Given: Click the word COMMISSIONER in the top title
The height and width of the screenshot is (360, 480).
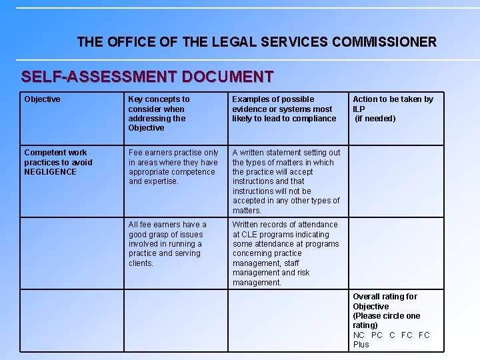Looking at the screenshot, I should coord(384,42).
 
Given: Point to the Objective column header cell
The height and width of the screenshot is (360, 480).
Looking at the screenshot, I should coord(43,99).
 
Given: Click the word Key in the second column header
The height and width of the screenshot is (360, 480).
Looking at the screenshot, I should coord(137,99).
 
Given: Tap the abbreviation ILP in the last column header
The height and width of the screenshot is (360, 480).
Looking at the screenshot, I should coord(359,109).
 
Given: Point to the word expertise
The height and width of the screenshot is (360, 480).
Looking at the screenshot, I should coord(162,181).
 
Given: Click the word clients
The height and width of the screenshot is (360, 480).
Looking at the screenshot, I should coord(141,263).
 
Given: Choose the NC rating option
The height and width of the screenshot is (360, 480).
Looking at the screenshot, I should coord(359,335).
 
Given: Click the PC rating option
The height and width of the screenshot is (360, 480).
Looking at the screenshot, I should coord(377,335).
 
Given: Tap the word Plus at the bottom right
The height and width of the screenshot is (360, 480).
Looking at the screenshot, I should coord(361,345).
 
